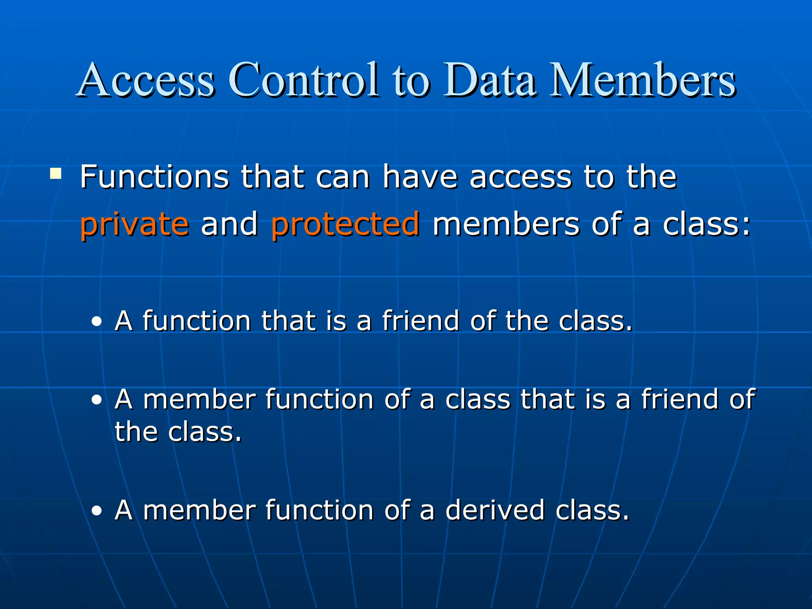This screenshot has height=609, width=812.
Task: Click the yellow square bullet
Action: (56, 174)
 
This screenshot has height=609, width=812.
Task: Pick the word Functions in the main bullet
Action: (155, 177)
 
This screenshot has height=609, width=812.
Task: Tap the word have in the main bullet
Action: (420, 177)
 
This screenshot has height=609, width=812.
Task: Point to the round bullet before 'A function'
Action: (96, 322)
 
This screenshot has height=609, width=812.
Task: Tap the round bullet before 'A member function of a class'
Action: (96, 400)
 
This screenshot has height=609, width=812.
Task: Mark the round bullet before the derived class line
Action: (96, 511)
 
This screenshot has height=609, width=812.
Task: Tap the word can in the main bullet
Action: (343, 177)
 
